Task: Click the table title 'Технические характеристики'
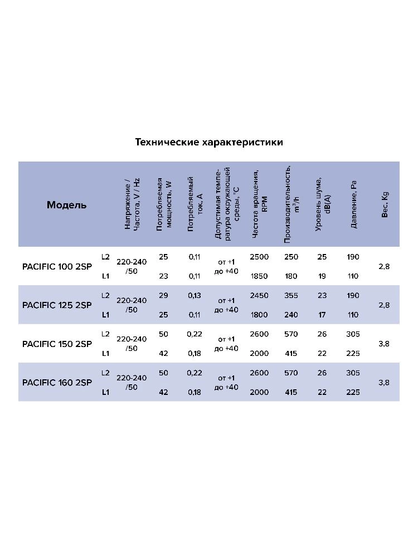209,142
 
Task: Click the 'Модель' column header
67,204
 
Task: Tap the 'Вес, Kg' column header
385,204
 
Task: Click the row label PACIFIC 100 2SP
57,266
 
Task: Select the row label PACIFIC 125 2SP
57,305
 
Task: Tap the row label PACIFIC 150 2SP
57,344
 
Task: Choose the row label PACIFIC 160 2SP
57,382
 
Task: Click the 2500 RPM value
259,257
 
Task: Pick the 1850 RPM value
259,276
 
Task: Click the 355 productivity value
291,295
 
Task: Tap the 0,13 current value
195,295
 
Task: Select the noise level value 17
322,315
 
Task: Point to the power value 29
163,295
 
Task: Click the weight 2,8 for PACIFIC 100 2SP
384,266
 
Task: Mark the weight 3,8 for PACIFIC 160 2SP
384,382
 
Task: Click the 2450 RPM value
259,295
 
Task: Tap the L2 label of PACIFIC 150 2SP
106,334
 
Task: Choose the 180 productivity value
291,276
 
